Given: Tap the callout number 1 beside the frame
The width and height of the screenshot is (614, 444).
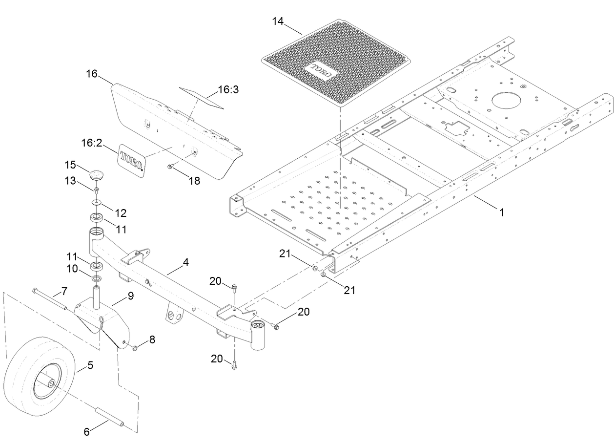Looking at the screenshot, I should [501, 212].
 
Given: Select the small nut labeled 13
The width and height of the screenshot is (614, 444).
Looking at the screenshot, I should [96, 189].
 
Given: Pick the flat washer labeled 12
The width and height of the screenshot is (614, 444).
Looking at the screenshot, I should [97, 202].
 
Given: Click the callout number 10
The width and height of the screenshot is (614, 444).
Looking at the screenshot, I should [72, 268].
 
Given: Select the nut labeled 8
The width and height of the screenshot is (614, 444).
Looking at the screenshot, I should [135, 347].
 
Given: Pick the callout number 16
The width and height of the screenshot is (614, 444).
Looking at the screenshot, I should [92, 74].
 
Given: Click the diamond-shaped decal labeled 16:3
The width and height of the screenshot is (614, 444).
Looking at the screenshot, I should [200, 97].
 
